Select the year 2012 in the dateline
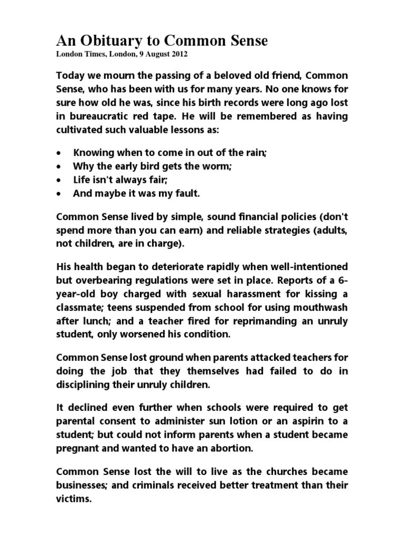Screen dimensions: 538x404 (178, 54)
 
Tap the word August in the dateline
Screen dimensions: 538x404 (155, 54)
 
